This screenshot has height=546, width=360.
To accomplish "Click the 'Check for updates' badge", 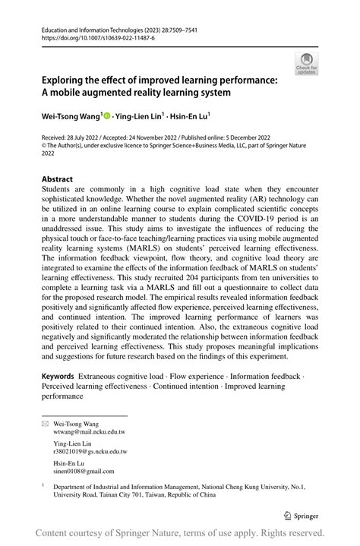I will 307,64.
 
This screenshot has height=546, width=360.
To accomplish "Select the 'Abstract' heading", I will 62,181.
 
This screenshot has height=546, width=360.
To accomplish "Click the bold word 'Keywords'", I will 58,376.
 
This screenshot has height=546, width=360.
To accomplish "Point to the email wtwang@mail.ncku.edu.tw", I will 90,431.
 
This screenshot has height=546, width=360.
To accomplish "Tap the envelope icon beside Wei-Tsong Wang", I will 44,422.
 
